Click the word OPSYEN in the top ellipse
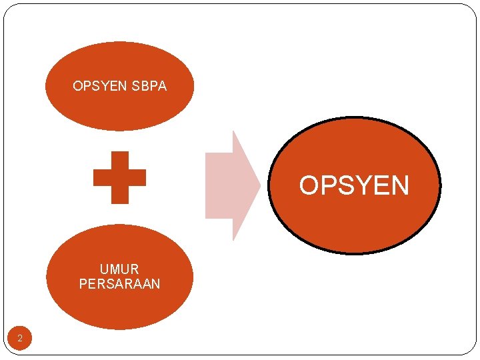(x=101, y=86)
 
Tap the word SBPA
(x=149, y=86)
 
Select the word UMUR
(x=119, y=269)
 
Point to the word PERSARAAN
(x=119, y=284)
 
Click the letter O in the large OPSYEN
(x=309, y=185)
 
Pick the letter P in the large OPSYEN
(x=327, y=185)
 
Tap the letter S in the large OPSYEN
(x=345, y=185)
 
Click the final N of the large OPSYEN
(x=399, y=185)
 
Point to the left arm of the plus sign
(x=101, y=177)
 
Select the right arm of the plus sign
(x=137, y=177)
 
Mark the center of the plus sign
(x=119, y=177)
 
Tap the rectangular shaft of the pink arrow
(x=219, y=185)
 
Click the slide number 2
(x=20, y=339)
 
